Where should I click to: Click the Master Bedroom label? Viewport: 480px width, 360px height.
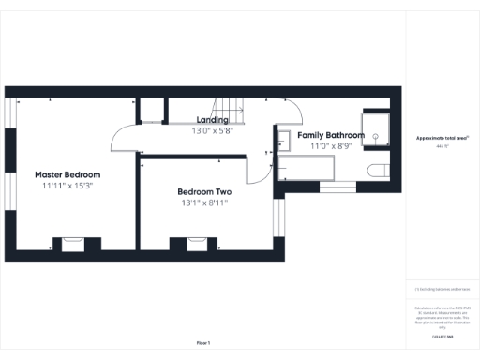pyautogui.click(x=67, y=174)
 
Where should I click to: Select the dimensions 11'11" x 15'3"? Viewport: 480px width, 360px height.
pyautogui.click(x=67, y=186)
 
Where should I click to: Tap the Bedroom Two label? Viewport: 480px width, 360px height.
pyautogui.click(x=203, y=191)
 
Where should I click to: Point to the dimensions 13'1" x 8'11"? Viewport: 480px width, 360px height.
pyautogui.click(x=203, y=202)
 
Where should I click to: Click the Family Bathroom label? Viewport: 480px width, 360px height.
pyautogui.click(x=331, y=135)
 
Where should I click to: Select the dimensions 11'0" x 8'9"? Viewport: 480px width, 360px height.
pyautogui.click(x=331, y=145)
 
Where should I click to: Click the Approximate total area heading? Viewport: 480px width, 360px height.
pyautogui.click(x=442, y=138)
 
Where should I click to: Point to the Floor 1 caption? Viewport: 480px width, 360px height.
pyautogui.click(x=203, y=343)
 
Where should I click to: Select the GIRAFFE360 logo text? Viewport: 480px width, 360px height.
pyautogui.click(x=442, y=335)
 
